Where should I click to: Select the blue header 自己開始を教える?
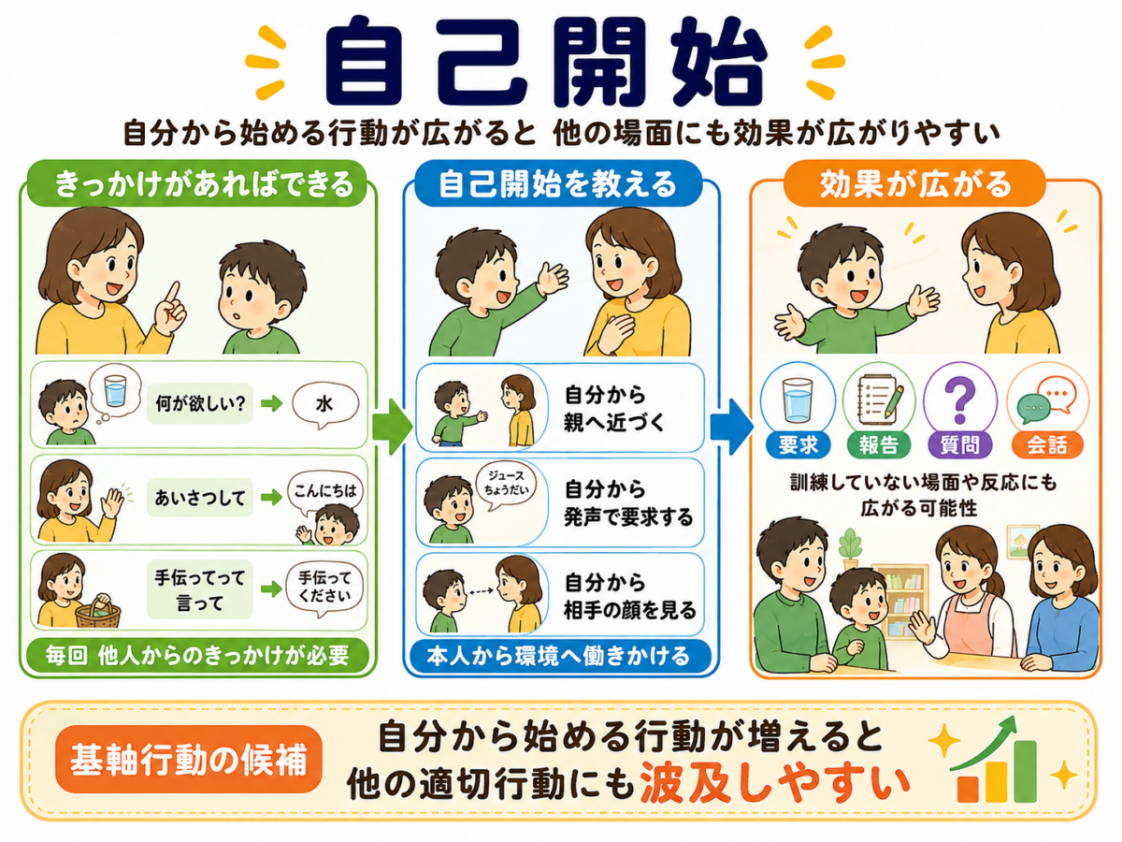pyautogui.click(x=558, y=183)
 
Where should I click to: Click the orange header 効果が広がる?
pyautogui.click(x=915, y=183)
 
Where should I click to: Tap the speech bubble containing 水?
pyautogui.click(x=325, y=405)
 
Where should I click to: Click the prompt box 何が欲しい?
pyautogui.click(x=200, y=404)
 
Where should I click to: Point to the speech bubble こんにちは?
pyautogui.click(x=325, y=493)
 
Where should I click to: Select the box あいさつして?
pyautogui.click(x=200, y=498)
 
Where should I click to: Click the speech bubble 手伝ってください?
pyautogui.click(x=325, y=588)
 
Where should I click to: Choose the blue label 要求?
pyautogui.click(x=798, y=444)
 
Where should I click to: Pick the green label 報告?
pyautogui.click(x=879, y=444)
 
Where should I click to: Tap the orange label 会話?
pyautogui.click(x=1047, y=444)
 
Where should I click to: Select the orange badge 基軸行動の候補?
pyautogui.click(x=189, y=760)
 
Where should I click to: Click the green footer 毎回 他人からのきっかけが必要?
pyautogui.click(x=197, y=656)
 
